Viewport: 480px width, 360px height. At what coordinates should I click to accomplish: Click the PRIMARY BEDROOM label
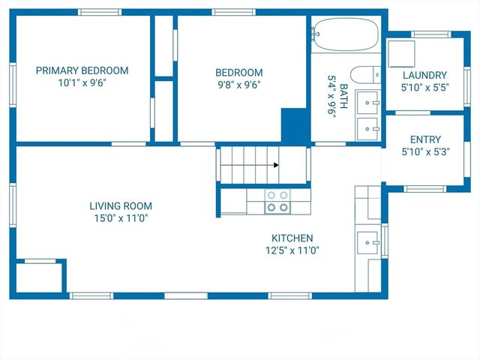(x=82, y=70)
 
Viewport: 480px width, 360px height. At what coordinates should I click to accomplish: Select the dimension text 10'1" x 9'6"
(x=82, y=83)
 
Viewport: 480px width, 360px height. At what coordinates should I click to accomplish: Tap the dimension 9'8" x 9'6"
(x=239, y=85)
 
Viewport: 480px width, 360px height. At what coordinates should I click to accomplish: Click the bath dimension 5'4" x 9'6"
(x=331, y=94)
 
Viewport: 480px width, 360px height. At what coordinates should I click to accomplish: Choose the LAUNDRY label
(x=424, y=75)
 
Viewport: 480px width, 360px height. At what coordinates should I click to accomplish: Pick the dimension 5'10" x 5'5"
(x=424, y=88)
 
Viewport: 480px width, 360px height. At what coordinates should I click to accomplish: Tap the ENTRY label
(x=425, y=139)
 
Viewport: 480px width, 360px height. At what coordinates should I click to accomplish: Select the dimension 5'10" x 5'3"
(x=425, y=152)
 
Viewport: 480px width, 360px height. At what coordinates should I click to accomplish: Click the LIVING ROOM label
(x=121, y=205)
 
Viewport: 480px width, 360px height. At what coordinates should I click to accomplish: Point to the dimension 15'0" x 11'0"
(x=121, y=218)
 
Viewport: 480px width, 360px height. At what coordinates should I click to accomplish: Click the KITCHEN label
(x=292, y=238)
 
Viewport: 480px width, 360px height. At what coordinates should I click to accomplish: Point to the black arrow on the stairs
(x=276, y=165)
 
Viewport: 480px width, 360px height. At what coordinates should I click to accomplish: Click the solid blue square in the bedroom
(x=294, y=124)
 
